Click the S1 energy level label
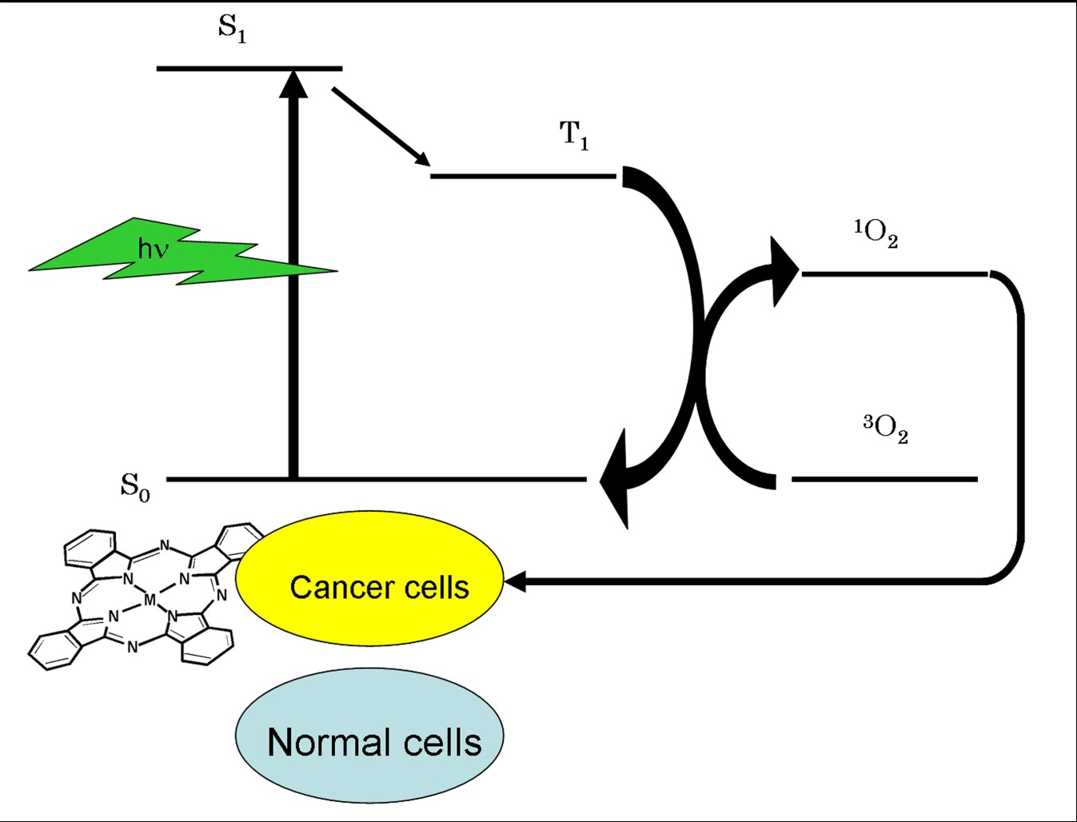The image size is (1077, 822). tap(232, 29)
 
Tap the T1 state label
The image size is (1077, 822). tap(574, 135)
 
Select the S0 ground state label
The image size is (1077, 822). tap(135, 485)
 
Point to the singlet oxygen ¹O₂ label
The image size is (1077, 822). tap(876, 233)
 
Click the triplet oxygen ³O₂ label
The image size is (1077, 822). tap(885, 429)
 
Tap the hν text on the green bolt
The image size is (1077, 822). tap(154, 249)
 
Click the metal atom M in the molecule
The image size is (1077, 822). tap(150, 599)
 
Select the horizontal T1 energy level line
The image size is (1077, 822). tap(523, 175)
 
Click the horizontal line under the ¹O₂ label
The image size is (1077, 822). tap(894, 274)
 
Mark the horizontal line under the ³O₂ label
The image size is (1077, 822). tap(884, 479)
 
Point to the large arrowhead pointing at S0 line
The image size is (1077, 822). tap(616, 478)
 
